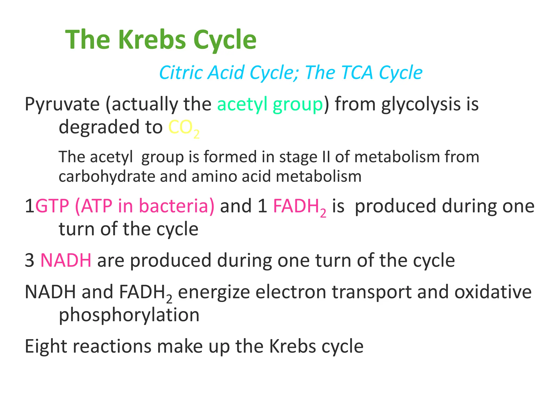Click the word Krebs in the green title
pyautogui.click(x=152, y=40)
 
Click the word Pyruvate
pyautogui.click(x=62, y=104)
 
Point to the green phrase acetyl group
pyautogui.click(x=270, y=104)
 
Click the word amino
pyautogui.click(x=214, y=177)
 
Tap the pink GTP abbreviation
pyautogui.click(x=52, y=206)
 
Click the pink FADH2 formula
pyautogui.click(x=299, y=207)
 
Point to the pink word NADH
pyautogui.click(x=66, y=260)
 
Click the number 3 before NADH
pyautogui.click(x=29, y=260)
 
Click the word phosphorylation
pyautogui.click(x=129, y=315)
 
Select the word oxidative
pyautogui.click(x=493, y=292)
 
